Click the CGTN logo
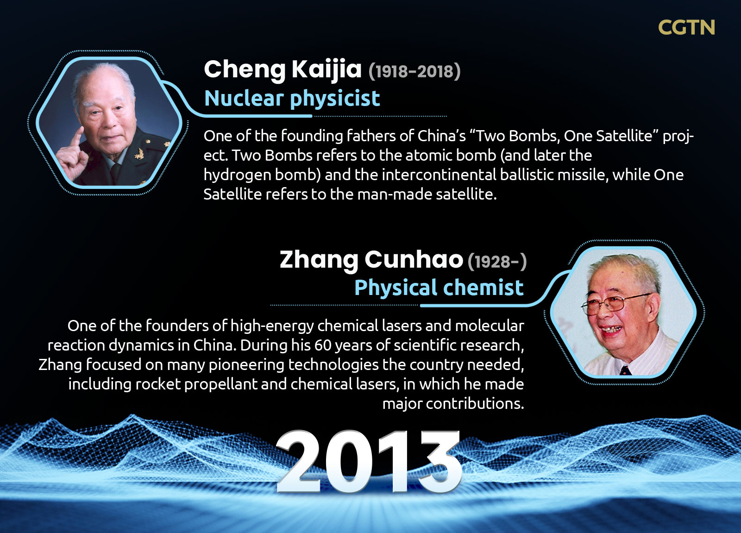tap(686, 27)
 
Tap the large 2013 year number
tap(369, 462)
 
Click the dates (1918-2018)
tap(414, 71)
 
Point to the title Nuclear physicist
tap(292, 98)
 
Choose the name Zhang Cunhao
tap(371, 260)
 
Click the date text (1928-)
tap(497, 261)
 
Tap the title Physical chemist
tap(439, 287)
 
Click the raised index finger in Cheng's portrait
tap(77, 138)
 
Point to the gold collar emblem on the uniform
tap(139, 154)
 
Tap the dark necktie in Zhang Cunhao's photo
tap(625, 370)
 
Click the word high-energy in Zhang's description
tap(272, 326)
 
